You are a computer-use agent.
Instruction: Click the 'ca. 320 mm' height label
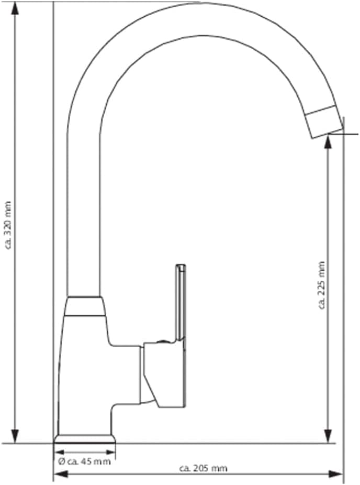click(8, 225)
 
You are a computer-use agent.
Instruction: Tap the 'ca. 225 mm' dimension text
click(322, 285)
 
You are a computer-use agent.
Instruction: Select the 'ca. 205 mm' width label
click(204, 468)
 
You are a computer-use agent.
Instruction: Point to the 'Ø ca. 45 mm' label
click(84, 462)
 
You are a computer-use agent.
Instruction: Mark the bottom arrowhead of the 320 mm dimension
click(15, 436)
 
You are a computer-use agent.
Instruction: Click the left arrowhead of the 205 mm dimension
click(61, 474)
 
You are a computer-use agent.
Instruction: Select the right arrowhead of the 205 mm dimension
click(335, 474)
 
